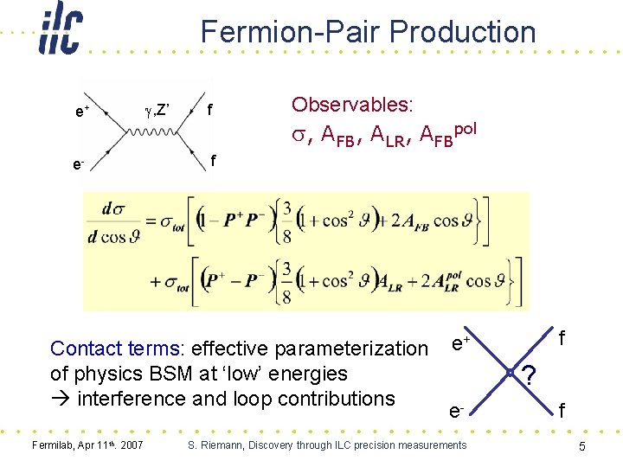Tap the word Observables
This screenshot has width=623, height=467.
click(x=352, y=105)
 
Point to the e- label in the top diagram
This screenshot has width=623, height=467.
click(x=80, y=162)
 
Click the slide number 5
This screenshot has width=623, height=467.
click(x=583, y=446)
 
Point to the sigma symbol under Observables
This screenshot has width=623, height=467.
click(x=299, y=134)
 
